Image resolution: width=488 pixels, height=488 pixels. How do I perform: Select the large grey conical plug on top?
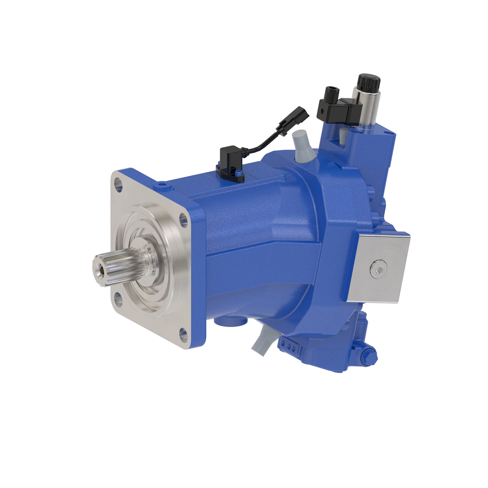[302, 146]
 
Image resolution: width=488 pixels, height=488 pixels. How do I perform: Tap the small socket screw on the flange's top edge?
[163, 185]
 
